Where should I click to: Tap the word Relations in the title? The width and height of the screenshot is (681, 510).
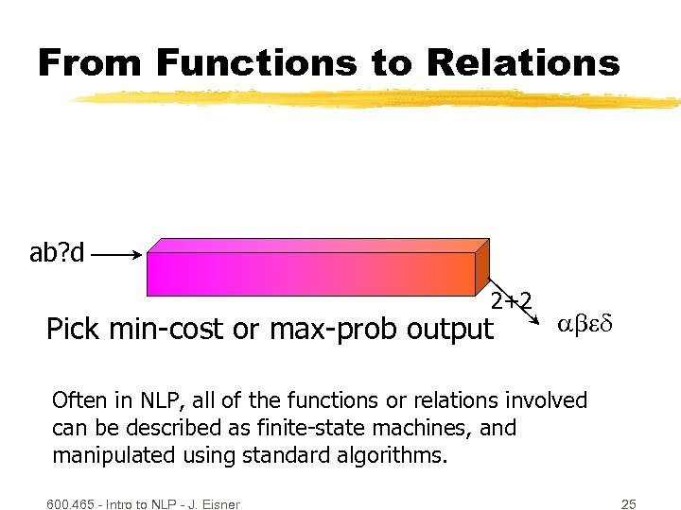[523, 62]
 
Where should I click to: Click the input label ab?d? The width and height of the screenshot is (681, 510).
[57, 253]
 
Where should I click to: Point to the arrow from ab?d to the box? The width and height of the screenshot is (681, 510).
[118, 254]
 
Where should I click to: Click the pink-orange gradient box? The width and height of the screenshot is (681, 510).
[312, 274]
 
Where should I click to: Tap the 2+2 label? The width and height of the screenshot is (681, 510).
[512, 301]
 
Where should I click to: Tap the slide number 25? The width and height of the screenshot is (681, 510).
[626, 503]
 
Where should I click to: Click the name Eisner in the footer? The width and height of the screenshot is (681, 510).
[218, 504]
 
